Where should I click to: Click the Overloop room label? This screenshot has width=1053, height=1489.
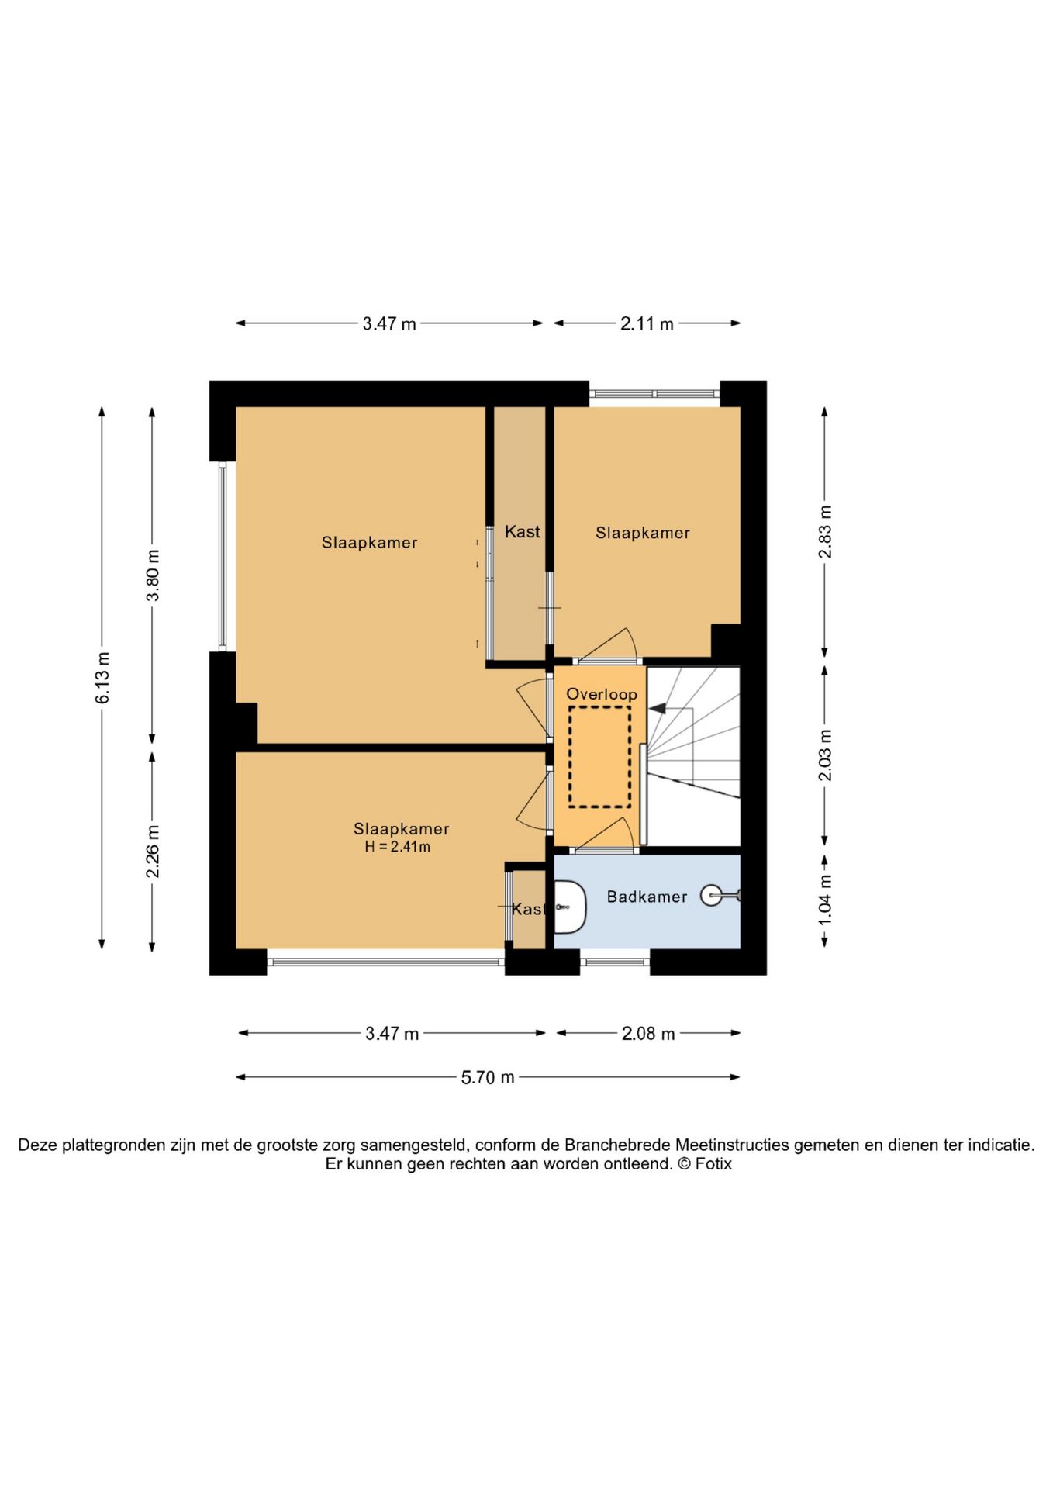coord(602,694)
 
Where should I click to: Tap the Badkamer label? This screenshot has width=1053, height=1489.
coord(647,897)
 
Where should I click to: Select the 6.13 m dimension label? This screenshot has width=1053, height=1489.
coord(102,678)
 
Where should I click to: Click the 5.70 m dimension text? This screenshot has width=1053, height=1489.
coord(488,1077)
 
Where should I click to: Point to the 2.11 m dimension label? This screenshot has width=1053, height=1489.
coord(647,324)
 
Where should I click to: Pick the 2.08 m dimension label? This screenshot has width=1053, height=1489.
coord(648,1033)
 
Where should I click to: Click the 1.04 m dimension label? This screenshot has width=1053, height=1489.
coord(825,899)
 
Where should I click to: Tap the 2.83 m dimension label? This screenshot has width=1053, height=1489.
coord(825,532)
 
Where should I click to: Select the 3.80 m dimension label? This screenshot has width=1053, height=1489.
coord(153,575)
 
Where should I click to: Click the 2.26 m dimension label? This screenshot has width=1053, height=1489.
coord(153,852)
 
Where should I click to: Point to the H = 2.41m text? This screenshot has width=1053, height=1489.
coord(398,847)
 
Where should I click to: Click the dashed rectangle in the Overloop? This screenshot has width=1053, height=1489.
coord(599,757)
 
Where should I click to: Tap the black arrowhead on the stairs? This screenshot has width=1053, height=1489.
coord(658,708)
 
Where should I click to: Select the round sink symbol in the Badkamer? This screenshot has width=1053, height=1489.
coord(711,896)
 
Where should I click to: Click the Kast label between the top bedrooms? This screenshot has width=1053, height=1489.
coord(523,532)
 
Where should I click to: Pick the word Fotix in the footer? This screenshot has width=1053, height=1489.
coord(713,1164)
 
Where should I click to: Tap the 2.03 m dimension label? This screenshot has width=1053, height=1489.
coord(825,755)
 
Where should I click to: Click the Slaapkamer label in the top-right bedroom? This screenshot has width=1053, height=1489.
coord(643,533)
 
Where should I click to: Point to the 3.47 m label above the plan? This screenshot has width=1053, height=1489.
coord(389,324)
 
